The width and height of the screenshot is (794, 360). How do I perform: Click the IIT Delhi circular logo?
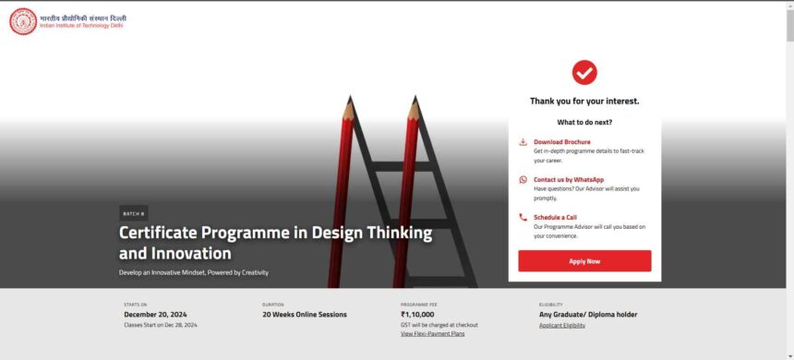[23, 21]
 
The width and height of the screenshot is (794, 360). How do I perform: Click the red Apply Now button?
[584, 261]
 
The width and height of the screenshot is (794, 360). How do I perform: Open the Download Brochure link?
[561, 142]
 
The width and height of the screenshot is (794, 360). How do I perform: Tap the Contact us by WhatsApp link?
[569, 179]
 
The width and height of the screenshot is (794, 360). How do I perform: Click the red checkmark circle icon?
[584, 72]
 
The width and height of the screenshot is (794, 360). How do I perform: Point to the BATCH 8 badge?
[133, 213]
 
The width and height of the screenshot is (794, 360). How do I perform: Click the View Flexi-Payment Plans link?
[432, 333]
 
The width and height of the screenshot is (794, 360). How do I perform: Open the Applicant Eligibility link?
[562, 325]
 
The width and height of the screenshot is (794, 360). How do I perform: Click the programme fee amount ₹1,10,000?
[417, 314]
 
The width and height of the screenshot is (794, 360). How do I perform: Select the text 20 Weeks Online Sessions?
[305, 314]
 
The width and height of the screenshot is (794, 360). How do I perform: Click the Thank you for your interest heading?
[584, 101]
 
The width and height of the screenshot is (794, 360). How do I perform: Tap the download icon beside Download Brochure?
[523, 142]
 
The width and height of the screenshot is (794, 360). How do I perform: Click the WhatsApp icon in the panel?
[523, 180]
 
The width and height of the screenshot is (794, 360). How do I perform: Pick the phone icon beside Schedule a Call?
[523, 218]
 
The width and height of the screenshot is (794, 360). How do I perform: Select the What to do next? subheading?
[584, 122]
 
